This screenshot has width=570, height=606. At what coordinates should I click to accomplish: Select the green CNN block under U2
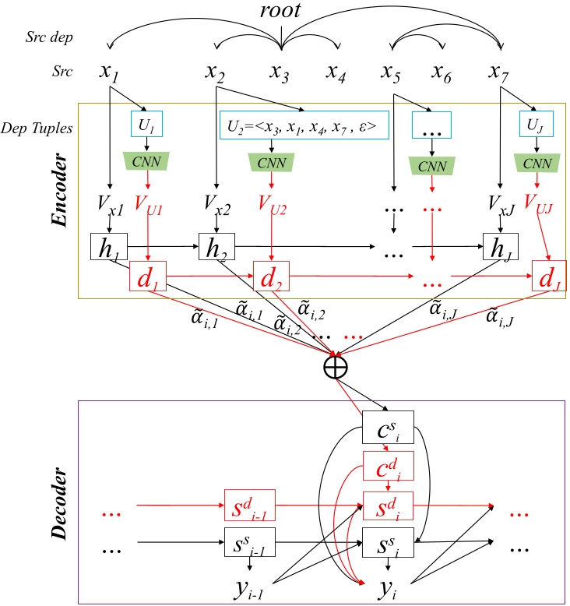270,161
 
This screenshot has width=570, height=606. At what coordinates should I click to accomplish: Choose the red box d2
270,277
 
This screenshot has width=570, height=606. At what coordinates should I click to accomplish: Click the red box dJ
548,277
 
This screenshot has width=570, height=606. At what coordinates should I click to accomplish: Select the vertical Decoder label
58,498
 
